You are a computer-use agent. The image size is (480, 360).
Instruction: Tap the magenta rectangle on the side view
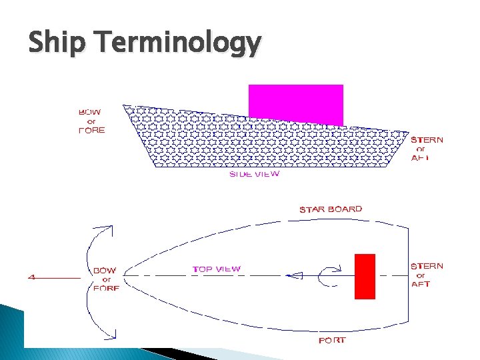coord(295,103)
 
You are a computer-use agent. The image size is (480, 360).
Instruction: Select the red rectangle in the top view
coord(365,276)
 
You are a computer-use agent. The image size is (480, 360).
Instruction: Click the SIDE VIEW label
coord(254,174)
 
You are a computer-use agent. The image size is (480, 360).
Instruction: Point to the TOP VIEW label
coord(217,269)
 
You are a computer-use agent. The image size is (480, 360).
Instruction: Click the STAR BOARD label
coord(331,209)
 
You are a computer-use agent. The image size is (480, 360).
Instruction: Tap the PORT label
coord(333,341)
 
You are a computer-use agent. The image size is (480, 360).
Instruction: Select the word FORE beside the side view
coord(91,131)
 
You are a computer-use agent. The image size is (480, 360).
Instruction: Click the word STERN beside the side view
coord(427,140)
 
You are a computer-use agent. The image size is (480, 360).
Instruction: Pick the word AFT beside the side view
coord(420,158)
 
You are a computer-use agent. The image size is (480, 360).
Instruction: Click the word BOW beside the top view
coord(104,271)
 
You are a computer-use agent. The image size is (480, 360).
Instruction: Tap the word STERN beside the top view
coord(427,266)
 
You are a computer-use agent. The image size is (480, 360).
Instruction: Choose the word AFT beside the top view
coord(421,284)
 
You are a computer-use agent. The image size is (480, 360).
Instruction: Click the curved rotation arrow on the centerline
coord(327,275)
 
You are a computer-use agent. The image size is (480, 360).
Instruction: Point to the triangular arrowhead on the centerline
coord(295,275)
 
